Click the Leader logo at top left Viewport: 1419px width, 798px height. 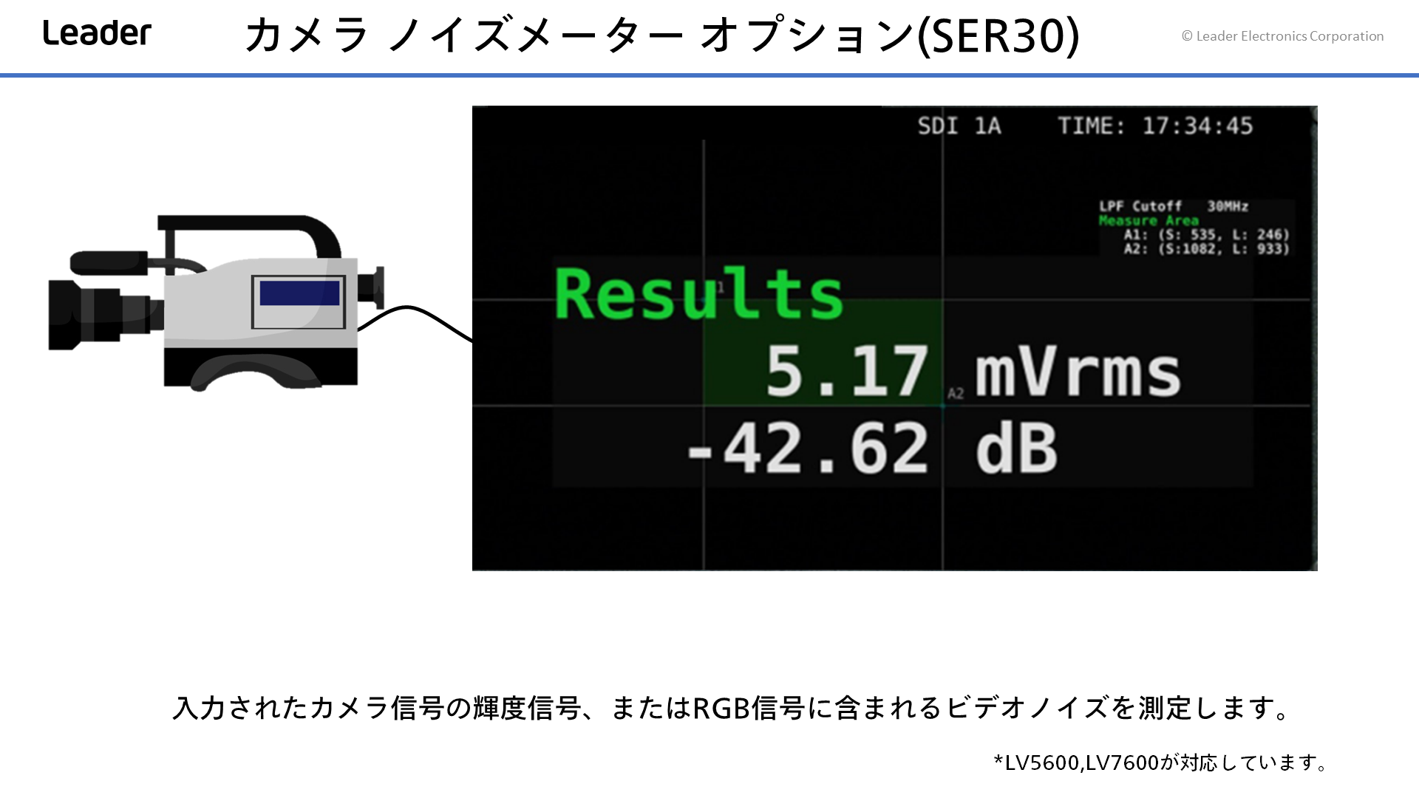(x=97, y=33)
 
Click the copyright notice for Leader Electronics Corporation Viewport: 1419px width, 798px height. (x=1282, y=36)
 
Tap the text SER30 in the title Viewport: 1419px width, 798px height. (x=997, y=35)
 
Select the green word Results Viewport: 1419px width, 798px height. (x=698, y=293)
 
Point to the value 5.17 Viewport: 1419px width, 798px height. (x=847, y=371)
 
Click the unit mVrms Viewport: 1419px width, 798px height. (x=1078, y=372)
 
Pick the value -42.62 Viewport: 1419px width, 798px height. (x=808, y=449)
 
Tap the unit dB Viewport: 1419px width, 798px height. (x=1017, y=449)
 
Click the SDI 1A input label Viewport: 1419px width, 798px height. (x=959, y=126)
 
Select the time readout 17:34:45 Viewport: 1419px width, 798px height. (x=1197, y=126)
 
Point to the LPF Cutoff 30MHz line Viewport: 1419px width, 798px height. (x=1174, y=206)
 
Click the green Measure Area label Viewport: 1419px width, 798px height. (x=1149, y=220)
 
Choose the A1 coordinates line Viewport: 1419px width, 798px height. (x=1206, y=235)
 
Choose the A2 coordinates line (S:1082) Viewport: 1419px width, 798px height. (x=1206, y=249)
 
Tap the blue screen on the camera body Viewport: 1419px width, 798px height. (x=299, y=293)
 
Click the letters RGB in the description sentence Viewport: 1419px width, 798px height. (x=721, y=708)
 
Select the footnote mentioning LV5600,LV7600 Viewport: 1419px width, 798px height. (x=1160, y=763)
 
